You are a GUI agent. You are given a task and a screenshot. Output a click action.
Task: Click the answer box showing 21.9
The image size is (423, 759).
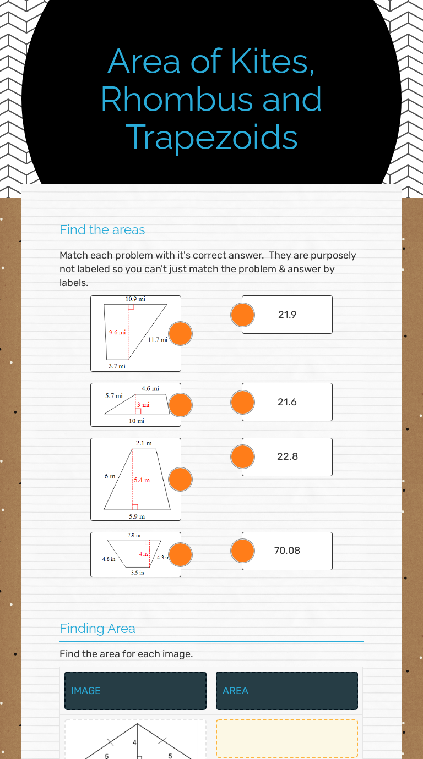coord(288,315)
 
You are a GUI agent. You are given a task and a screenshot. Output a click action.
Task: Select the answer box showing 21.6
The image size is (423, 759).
coord(288,402)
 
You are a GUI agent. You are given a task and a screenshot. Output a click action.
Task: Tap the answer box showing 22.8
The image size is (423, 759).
coord(288,457)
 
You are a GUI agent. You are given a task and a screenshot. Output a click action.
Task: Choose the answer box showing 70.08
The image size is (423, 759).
coord(288,551)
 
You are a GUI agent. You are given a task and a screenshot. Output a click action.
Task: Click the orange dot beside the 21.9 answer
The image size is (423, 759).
coord(242,315)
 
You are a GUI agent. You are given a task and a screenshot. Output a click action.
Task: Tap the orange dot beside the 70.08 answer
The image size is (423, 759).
coord(242,551)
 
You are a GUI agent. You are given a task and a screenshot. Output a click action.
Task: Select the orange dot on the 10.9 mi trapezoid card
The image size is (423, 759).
coord(180,334)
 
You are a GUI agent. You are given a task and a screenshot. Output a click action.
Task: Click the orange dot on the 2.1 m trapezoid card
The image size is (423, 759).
coord(180,479)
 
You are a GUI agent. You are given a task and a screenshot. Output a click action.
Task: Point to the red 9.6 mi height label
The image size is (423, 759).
coord(117,332)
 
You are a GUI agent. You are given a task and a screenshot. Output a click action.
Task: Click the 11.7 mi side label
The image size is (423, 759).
coord(157,340)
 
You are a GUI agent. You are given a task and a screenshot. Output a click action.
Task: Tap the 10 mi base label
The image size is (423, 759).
coord(137,421)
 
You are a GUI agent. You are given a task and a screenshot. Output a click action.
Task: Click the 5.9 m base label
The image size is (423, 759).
coord(137,516)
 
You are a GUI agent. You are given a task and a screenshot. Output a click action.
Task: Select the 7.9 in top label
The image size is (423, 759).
coord(134,535)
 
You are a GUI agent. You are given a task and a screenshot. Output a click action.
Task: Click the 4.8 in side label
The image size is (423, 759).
coord(109,559)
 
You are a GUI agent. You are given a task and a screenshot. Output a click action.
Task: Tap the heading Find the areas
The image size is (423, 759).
coord(102,230)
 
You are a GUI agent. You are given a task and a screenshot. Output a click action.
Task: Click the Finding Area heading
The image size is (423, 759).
coord(97,629)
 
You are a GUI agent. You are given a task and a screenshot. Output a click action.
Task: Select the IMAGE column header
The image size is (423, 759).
coord(86,691)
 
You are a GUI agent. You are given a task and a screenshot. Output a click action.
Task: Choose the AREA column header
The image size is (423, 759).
coord(235,691)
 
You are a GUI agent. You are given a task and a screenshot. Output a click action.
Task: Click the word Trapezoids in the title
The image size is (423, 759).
coord(212,137)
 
